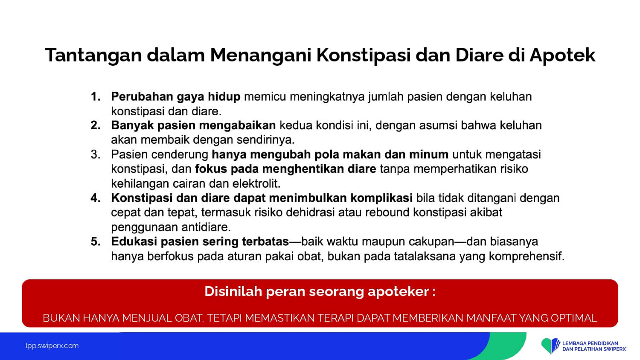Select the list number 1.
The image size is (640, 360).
pos(96,96)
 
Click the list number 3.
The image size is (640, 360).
pos(96,154)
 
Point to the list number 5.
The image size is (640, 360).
pos(96,242)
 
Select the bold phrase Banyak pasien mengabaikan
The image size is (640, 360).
pos(193,126)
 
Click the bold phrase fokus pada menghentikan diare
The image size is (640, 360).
pos(285,169)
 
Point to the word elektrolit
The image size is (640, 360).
pos(256,183)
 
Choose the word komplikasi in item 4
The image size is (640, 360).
pos(381,198)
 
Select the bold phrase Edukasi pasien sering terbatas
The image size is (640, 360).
pos(200,242)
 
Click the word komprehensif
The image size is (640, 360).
pos(527,257)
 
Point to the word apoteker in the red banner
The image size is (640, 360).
pos(398,292)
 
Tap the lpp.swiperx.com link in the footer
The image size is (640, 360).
pos(52,346)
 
